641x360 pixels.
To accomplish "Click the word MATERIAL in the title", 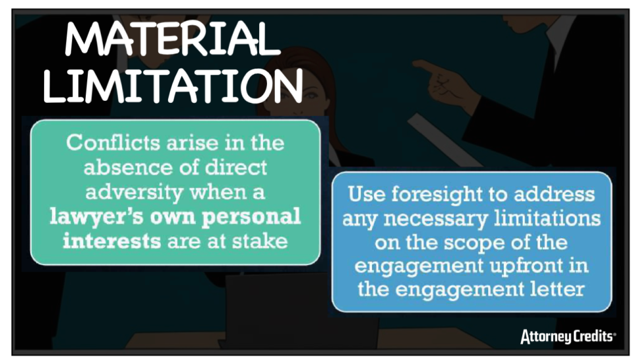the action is click(173, 38).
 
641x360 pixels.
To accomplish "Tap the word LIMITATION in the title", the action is click(173, 86).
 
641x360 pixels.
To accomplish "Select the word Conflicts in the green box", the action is click(113, 142).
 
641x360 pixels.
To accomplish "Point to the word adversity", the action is click(135, 193).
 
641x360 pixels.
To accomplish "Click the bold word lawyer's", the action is click(96, 217).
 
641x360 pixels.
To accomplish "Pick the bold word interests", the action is click(111, 241).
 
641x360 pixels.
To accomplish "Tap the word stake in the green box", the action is click(260, 241).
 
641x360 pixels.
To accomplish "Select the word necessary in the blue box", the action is click(435, 220).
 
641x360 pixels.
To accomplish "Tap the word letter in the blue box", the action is click(558, 289).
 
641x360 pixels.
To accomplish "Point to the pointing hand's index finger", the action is click(425, 66).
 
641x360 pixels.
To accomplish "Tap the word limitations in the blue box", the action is click(547, 219).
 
